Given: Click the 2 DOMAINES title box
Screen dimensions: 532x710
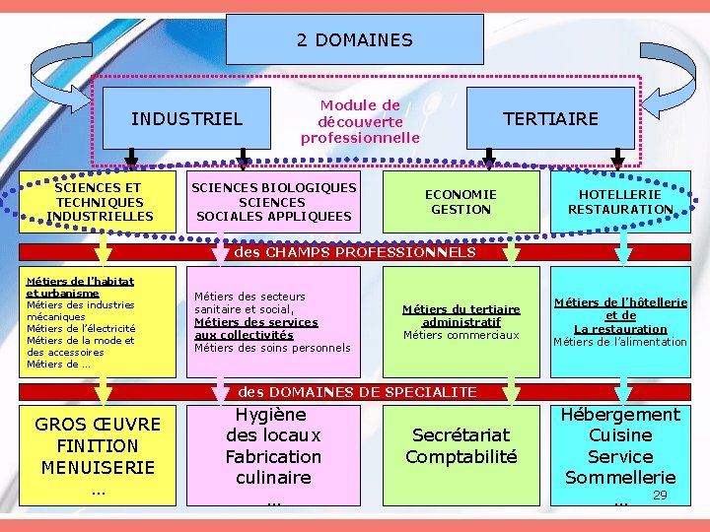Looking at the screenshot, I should (x=355, y=40).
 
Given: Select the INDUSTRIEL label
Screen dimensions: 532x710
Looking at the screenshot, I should (x=186, y=119).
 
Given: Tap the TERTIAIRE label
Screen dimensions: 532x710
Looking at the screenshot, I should (x=550, y=119).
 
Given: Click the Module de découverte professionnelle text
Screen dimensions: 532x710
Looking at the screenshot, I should (x=360, y=121).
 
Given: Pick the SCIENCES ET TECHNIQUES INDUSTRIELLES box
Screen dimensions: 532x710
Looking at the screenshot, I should (x=98, y=202).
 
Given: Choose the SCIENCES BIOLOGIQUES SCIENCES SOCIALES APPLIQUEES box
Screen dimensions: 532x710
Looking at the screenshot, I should (x=274, y=202).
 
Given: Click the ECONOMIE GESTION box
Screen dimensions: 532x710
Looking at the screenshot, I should (x=461, y=202).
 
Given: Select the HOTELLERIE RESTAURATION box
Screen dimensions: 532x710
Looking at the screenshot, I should (x=620, y=202).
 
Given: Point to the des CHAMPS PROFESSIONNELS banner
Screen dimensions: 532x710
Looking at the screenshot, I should (x=355, y=252).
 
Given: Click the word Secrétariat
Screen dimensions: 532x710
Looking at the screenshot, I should (x=461, y=434).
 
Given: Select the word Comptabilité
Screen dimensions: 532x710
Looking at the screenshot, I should (x=461, y=456).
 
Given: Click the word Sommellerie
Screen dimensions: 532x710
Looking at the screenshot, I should (x=620, y=478).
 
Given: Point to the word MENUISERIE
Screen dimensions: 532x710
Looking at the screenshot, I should (x=98, y=467).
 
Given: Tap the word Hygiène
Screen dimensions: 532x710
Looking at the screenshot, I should (x=272, y=415).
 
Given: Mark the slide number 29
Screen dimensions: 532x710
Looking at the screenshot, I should (x=661, y=495).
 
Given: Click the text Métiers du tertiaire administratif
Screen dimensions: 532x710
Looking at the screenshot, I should (x=461, y=315).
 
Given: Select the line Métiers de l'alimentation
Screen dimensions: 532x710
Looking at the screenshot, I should (x=620, y=342).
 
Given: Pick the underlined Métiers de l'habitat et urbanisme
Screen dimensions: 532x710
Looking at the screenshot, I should (x=79, y=287).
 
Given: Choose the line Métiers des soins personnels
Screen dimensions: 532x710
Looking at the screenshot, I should (x=272, y=348).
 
